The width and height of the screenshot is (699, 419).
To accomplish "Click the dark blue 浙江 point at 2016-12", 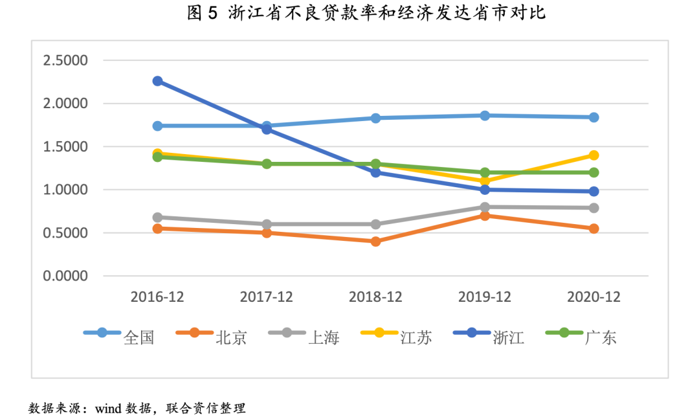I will (157, 81).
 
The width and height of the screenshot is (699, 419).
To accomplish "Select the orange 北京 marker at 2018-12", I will (375, 242).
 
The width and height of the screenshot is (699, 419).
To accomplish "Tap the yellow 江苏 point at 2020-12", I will (594, 155).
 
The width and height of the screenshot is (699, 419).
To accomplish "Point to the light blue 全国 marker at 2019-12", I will (485, 115).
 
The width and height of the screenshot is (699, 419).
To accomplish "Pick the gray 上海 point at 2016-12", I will (157, 217).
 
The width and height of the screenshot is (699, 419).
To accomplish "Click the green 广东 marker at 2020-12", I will (594, 172).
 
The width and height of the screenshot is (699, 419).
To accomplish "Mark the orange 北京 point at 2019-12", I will (485, 215).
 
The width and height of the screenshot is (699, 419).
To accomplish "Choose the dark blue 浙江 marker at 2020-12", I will (594, 191).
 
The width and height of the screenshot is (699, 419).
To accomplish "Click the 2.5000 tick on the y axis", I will (65, 61).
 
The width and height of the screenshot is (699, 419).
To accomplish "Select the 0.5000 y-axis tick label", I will (65, 233).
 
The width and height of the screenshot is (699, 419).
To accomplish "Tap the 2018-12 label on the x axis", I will (375, 297).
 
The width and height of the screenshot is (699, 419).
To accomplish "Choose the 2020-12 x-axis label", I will (594, 297).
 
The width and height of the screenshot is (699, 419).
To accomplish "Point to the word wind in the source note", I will (111, 409).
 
